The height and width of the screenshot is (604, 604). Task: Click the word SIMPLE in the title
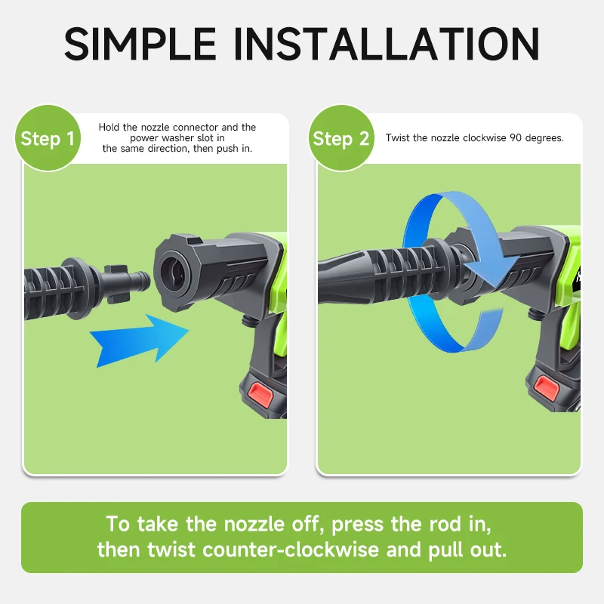pyautogui.click(x=140, y=44)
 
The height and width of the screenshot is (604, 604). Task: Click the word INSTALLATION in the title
pyautogui.click(x=387, y=44)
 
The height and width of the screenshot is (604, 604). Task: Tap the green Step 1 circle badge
pyautogui.click(x=48, y=138)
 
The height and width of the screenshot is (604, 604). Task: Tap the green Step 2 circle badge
pyautogui.click(x=341, y=138)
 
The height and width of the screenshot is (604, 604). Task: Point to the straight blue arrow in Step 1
pyautogui.click(x=140, y=340)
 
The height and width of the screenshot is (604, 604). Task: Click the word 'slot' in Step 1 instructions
pyautogui.click(x=206, y=138)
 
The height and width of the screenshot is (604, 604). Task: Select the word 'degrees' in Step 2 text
pyautogui.click(x=544, y=138)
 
